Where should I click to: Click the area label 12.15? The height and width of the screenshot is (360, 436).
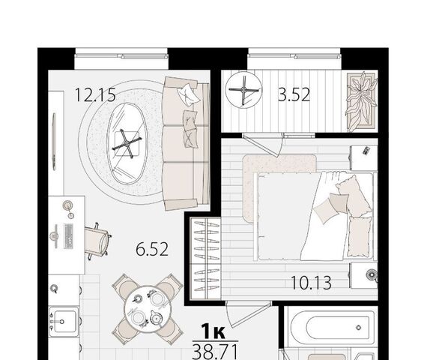point(95,94)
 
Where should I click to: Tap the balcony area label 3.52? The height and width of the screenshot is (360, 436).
point(294,94)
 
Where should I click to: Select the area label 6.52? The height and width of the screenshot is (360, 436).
point(152,249)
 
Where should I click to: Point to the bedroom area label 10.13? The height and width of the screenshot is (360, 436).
point(311,283)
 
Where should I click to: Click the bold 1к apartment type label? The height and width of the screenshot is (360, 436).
point(214,331)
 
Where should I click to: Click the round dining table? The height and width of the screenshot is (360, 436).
point(147,310)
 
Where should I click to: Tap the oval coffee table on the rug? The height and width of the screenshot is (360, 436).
point(127,143)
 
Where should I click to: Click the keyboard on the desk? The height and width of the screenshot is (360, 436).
point(68,236)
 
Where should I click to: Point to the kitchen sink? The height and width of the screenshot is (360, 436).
point(64,322)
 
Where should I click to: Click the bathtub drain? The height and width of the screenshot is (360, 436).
point(359,328)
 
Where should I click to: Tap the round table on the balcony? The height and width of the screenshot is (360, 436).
point(243,90)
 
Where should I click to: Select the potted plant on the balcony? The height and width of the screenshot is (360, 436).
point(361,101)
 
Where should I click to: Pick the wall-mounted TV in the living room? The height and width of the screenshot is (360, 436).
point(54,142)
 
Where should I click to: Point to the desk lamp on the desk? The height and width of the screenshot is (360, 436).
point(68,208)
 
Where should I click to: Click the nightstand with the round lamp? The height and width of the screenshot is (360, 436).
point(363,275)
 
